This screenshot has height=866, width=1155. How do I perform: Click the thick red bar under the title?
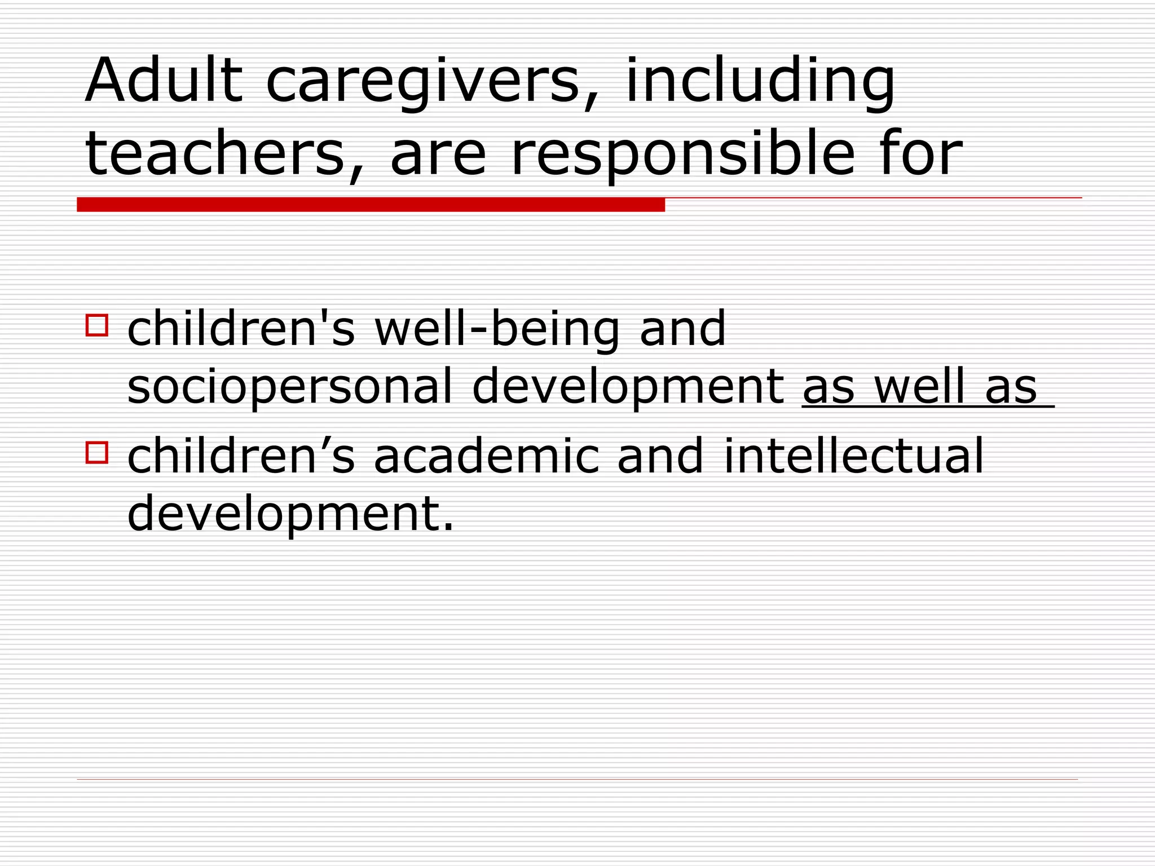click(371, 205)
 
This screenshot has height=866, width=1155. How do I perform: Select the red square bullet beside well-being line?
click(96, 325)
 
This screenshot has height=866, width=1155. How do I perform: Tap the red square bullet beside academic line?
click(96, 452)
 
